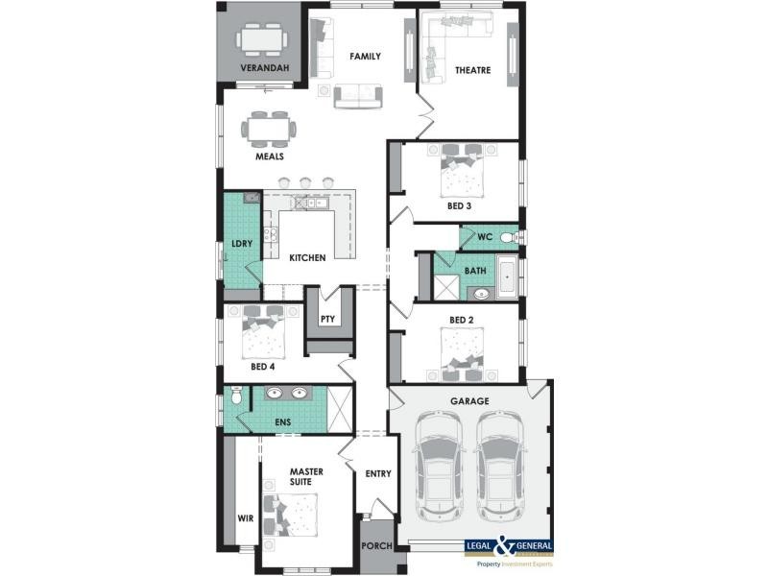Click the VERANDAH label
(x=263, y=69)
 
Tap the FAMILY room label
(x=365, y=57)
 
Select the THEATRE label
(x=472, y=70)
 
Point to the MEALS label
(x=269, y=156)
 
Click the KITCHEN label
(x=307, y=257)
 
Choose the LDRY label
(x=242, y=244)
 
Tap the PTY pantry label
(x=328, y=319)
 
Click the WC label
(x=484, y=236)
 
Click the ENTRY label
(x=379, y=473)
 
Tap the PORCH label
(x=376, y=547)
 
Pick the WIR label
(x=246, y=518)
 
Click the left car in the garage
(x=438, y=467)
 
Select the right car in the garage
(x=499, y=467)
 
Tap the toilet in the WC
(x=508, y=236)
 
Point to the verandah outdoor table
(x=262, y=39)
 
